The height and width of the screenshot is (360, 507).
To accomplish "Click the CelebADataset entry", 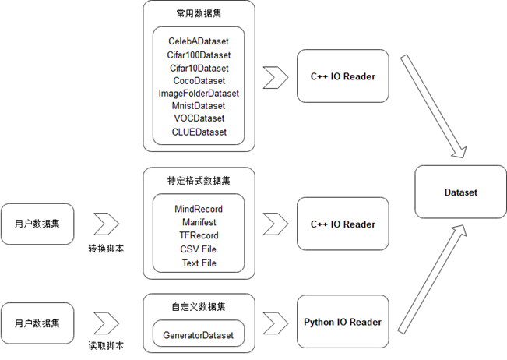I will coord(199,41).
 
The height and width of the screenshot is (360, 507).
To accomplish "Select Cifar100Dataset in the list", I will coord(199,55).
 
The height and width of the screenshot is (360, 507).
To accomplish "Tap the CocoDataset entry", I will coord(199,80).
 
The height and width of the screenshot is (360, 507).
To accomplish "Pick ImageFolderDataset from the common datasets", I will coord(199,94).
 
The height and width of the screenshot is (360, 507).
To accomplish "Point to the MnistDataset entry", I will coord(199,106).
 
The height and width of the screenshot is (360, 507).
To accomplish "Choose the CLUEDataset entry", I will coord(199,132).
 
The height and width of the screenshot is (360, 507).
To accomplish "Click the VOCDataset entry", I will coord(199,118).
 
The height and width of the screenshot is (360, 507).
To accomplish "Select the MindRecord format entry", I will coord(199,209).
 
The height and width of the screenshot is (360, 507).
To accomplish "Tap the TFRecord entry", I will coord(199,235).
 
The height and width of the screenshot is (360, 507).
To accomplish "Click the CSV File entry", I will coord(199,249).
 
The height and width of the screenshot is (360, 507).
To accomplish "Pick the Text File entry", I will coord(199,263).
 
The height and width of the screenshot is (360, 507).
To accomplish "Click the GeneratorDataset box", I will coord(199,335).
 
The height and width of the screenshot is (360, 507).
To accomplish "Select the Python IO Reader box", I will coord(342,322).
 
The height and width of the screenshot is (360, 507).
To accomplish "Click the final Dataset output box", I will coord(460,192).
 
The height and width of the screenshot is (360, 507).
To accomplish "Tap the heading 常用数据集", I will coord(199,13).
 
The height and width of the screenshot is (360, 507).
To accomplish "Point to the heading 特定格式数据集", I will coord(199,180).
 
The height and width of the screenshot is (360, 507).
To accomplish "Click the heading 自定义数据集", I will coord(199,306).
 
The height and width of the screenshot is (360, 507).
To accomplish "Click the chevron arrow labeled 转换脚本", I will coord(106,224).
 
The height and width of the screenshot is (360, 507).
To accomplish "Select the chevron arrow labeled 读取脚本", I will coord(106,322).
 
